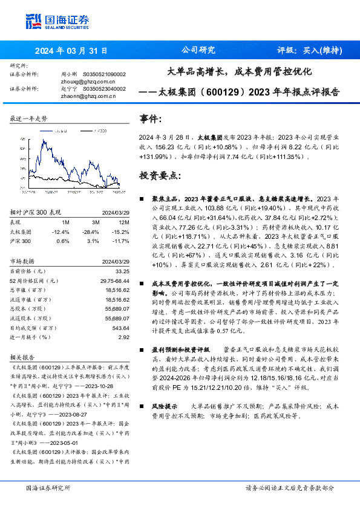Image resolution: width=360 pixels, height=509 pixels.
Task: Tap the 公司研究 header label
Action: pyautogui.click(x=198, y=50)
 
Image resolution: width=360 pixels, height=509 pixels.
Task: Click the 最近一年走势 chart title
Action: pyautogui.click(x=29, y=119)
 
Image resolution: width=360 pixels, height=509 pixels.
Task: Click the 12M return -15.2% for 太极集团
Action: pyautogui.click(x=121, y=232)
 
